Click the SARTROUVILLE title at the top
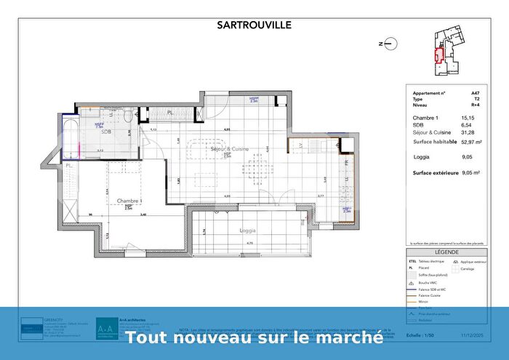click(254, 25)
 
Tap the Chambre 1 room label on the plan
click(127, 200)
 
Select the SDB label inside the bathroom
click(106, 132)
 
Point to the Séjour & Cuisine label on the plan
click(229, 148)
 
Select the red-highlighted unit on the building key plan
click(438, 55)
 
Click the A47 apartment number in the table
click(476, 93)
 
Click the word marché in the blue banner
click(351, 337)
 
